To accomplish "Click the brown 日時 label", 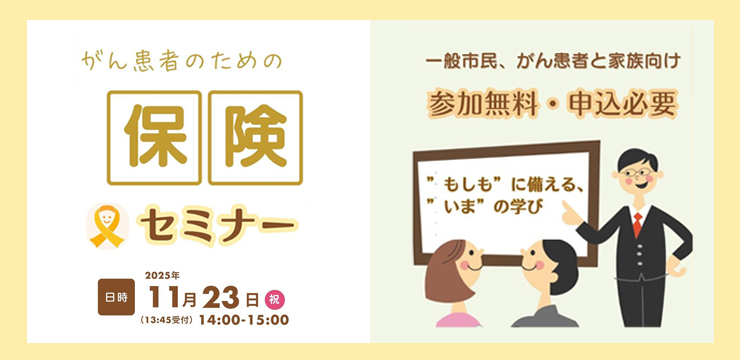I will [x=115, y=298].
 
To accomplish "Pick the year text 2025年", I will [x=161, y=275].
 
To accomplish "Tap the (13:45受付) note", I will [x=170, y=320].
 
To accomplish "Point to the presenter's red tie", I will [x=637, y=221].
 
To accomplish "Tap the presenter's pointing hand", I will [x=570, y=213].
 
